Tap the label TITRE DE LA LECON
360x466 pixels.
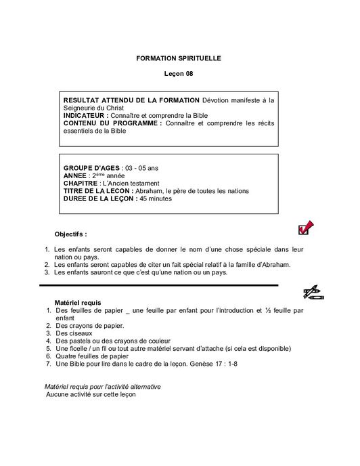click(x=103, y=191)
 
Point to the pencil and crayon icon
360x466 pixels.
click(x=312, y=293)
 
